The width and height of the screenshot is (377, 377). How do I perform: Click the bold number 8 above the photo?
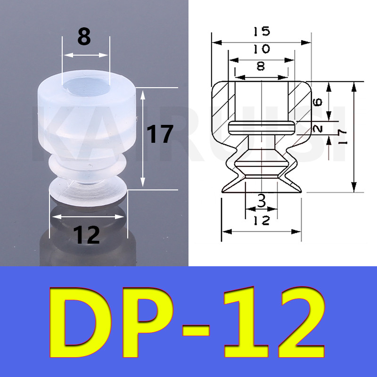coord(84,36)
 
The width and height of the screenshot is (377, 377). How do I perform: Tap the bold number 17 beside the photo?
coord(160,134)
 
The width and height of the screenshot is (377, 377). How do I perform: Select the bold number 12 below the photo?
coord(87,235)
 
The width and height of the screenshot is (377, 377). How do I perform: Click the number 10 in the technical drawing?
coord(262,49)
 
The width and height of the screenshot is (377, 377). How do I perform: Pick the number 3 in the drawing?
coord(262,201)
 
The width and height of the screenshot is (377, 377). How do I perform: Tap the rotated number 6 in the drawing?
coord(318,102)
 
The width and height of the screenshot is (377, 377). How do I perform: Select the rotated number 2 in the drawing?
coord(318,129)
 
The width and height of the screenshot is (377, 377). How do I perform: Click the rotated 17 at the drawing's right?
coord(342,137)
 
